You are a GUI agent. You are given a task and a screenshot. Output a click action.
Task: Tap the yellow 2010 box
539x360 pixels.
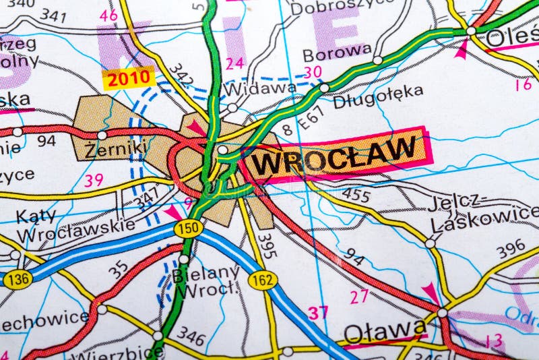pos(128,79)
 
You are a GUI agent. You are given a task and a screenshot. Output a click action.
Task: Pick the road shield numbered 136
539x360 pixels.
pos(17,278)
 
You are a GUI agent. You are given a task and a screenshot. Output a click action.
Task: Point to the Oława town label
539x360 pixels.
pos(385,331)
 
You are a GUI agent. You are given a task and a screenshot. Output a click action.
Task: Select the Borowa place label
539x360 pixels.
pos(336,53)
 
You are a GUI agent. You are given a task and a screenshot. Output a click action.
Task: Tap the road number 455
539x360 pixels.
pos(356,196)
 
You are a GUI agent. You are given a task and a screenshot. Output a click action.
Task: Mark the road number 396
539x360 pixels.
pos(511,249)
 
